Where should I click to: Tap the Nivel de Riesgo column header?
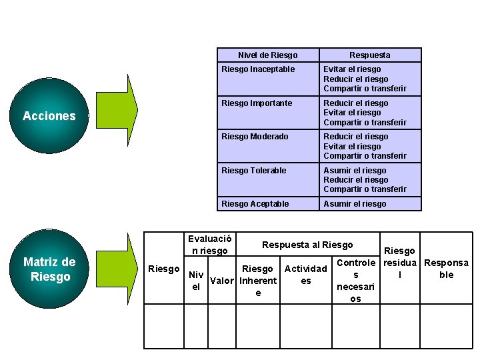click(x=267, y=55)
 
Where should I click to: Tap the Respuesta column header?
click(x=370, y=55)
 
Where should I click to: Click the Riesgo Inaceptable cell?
click(x=267, y=79)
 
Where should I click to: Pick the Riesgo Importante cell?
click(x=267, y=113)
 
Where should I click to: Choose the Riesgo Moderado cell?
click(x=267, y=146)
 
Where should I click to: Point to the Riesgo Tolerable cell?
click(x=267, y=179)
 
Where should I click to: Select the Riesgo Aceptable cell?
click(x=267, y=203)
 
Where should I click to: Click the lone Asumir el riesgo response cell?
click(x=370, y=203)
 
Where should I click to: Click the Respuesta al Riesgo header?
click(x=307, y=245)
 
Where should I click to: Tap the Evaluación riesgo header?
click(x=209, y=245)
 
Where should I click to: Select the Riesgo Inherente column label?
click(x=258, y=281)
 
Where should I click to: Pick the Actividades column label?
click(x=305, y=275)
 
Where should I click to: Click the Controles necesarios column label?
click(x=355, y=281)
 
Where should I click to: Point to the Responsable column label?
click(x=446, y=269)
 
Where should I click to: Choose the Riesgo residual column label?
click(x=399, y=263)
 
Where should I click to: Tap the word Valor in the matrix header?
click(x=221, y=281)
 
